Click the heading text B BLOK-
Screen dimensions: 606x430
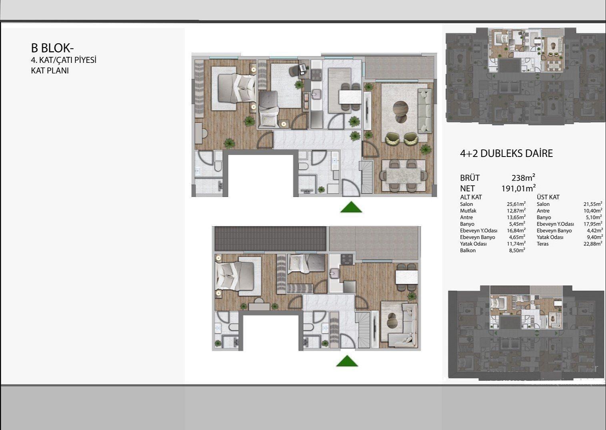click(52, 48)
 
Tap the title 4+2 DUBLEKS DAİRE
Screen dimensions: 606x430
click(506, 153)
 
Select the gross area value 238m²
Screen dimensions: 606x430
click(523, 178)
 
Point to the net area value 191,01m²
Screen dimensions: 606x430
click(519, 188)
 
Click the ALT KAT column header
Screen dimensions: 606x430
click(471, 197)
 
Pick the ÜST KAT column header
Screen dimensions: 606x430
click(548, 197)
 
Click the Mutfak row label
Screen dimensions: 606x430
click(468, 211)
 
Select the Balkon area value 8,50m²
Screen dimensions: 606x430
click(517, 250)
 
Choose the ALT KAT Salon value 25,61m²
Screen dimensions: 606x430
click(516, 204)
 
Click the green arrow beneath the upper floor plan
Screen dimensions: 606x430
click(351, 207)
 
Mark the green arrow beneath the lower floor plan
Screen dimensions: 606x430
click(347, 361)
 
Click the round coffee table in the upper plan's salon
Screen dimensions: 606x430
click(400, 109)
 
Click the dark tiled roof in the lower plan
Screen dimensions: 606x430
click(270, 239)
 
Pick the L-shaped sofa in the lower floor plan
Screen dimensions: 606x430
click(403, 325)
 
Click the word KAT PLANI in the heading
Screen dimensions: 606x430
click(50, 70)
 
